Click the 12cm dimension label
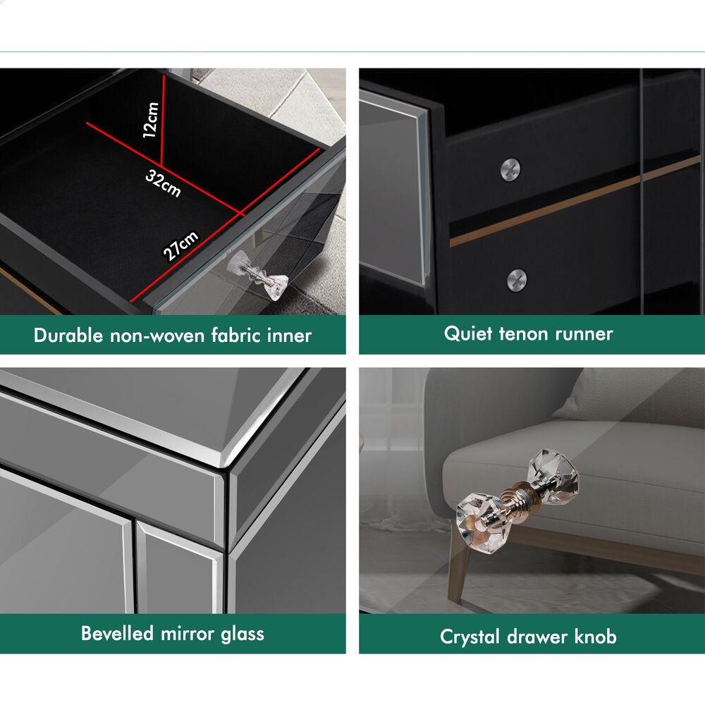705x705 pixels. pyautogui.click(x=151, y=120)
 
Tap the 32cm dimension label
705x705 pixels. pyautogui.click(x=163, y=183)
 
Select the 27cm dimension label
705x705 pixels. pyautogui.click(x=180, y=246)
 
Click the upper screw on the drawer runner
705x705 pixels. pyautogui.click(x=510, y=169)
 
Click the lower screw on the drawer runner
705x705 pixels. pyautogui.click(x=517, y=280)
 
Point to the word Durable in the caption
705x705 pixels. pyautogui.click(x=68, y=336)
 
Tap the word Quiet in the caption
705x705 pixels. pyautogui.click(x=468, y=333)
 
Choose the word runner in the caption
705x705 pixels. pyautogui.click(x=584, y=334)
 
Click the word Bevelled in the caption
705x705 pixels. pyautogui.click(x=117, y=633)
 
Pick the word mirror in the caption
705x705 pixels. pyautogui.click(x=187, y=634)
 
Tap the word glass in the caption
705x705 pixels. pyautogui.click(x=242, y=634)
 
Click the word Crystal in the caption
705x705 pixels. pyautogui.click(x=470, y=637)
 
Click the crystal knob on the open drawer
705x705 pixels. pyautogui.click(x=258, y=274)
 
